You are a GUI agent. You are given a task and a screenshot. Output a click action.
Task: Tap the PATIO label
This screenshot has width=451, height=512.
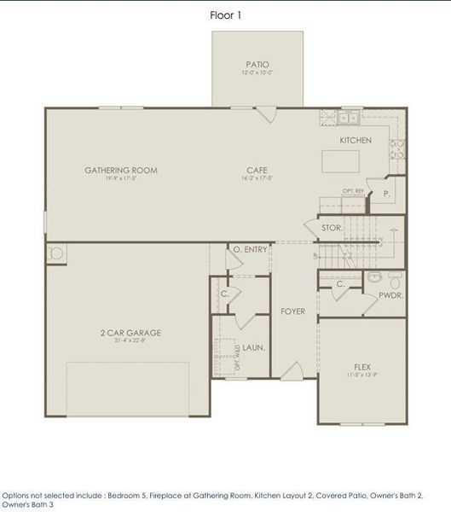coord(257,64)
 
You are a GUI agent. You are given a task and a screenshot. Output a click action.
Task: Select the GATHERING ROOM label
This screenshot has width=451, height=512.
coord(120,170)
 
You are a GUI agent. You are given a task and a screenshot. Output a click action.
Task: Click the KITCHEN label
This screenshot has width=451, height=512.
coord(356,140)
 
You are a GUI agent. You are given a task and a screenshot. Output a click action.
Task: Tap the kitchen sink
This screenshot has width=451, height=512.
coord(348,117)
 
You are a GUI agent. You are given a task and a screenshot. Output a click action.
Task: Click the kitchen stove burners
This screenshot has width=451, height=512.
coord(396,151)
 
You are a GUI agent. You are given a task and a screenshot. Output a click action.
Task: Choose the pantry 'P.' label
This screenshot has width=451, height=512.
coord(387,195)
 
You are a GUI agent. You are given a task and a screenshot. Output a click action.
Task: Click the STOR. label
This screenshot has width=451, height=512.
coord(332,228)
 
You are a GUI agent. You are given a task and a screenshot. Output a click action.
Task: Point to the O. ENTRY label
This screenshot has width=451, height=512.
coord(250,249)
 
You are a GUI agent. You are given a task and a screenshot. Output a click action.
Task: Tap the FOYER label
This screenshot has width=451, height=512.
coord(292,311)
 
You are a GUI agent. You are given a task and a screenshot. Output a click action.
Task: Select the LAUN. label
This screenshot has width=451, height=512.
coord(253,347)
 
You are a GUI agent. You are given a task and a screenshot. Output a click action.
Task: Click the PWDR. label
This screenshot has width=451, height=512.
coord(390,295)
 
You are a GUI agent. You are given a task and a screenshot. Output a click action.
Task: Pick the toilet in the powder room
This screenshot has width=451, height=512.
coord(394,278)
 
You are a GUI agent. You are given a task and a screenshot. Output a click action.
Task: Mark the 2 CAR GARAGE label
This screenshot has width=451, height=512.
coord(130,332)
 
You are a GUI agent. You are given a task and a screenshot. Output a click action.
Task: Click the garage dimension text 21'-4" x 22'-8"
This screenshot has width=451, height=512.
coord(130,340)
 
